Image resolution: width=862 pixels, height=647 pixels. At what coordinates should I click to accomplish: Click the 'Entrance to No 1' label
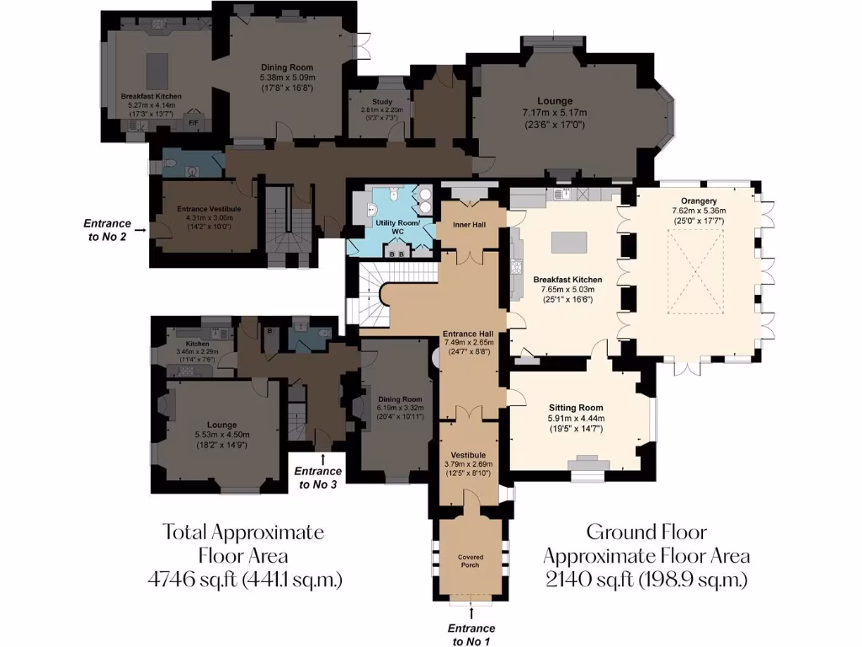(471, 634)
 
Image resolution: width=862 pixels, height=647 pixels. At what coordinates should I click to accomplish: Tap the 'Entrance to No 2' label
(107, 229)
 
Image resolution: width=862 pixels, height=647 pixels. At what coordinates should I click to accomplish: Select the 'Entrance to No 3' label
(318, 478)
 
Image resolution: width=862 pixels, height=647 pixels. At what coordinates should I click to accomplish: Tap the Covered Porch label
(470, 560)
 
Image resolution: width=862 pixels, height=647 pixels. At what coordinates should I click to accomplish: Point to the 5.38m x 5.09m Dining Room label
(286, 78)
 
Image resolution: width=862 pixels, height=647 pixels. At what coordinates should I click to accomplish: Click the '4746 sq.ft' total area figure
(243, 580)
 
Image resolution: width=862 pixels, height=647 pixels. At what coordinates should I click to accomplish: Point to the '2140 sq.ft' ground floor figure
(646, 580)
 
